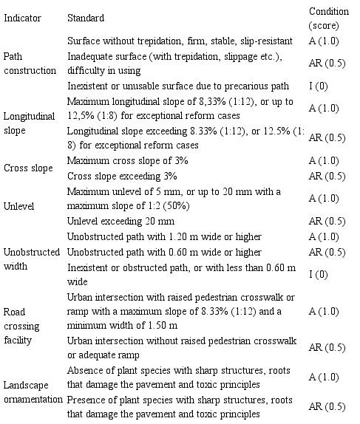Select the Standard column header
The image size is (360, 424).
(x=85, y=16)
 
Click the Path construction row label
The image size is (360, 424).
(x=30, y=64)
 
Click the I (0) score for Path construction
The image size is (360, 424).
(x=315, y=87)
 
